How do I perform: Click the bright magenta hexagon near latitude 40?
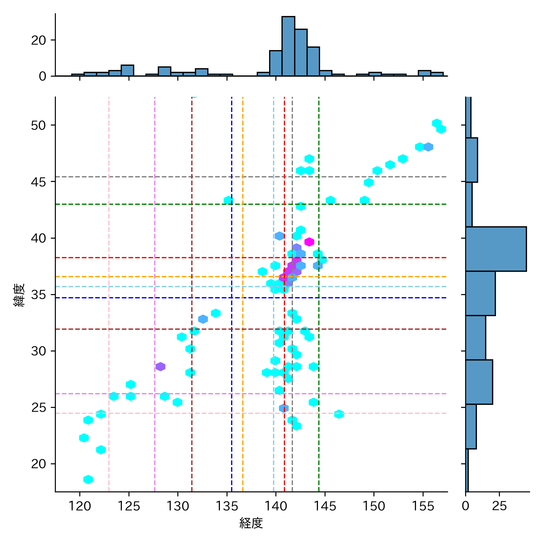(309, 242)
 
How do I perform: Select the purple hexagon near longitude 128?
(160, 367)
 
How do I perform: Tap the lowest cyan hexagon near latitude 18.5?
(88, 479)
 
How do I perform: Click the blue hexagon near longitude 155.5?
(428, 147)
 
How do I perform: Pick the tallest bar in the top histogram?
(288, 46)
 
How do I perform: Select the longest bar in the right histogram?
(496, 249)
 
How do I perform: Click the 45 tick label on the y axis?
(38, 182)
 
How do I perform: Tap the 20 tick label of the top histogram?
(38, 40)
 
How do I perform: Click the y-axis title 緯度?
(19, 295)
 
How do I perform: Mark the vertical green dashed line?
(319, 332)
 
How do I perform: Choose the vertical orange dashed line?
(243, 332)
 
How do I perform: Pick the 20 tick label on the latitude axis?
(38, 464)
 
